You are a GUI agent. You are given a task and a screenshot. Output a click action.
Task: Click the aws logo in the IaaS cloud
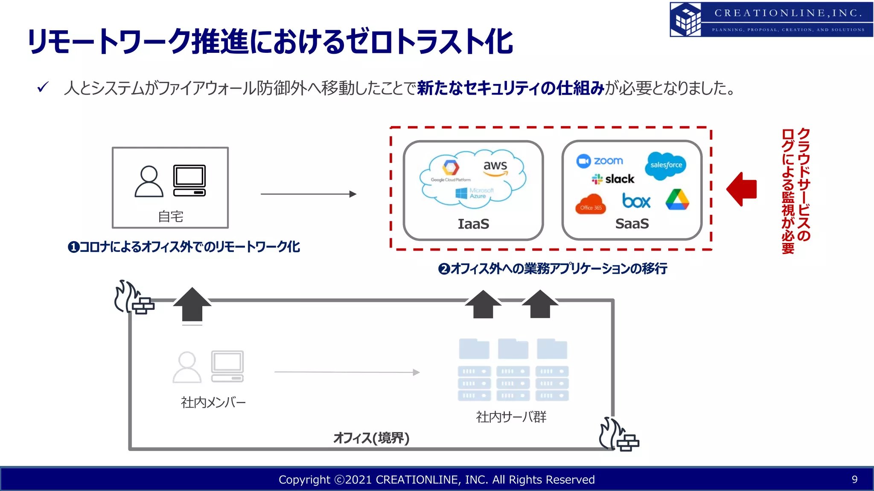pos(495,167)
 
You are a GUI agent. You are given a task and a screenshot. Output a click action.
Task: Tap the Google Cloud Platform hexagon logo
pos(450,167)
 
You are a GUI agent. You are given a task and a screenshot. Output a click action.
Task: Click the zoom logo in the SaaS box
pos(600,161)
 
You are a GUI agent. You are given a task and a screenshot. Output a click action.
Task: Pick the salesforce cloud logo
pos(666,165)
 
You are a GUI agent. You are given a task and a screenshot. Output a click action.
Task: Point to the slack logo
pos(613,179)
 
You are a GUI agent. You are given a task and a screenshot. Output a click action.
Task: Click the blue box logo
pos(636,201)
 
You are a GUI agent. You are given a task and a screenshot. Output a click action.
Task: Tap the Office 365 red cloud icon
pos(591,204)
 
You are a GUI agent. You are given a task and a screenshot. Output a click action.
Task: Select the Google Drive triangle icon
pos(677,200)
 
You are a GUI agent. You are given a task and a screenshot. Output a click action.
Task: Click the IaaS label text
pos(473,224)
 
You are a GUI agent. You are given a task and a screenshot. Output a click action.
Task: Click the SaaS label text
pos(632,224)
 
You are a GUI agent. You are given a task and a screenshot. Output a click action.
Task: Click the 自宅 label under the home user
pos(170,217)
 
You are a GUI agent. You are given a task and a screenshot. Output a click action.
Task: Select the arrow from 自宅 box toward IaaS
pos(308,194)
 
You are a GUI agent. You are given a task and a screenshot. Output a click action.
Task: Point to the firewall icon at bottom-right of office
pos(618,435)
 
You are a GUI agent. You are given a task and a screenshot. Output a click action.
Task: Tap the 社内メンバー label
pos(213,402)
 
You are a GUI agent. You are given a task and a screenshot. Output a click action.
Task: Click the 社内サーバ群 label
pos(511,417)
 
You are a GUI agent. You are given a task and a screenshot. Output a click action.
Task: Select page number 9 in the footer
pos(854,479)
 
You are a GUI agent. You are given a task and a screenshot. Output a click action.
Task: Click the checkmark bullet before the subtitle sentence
pos(43,87)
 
